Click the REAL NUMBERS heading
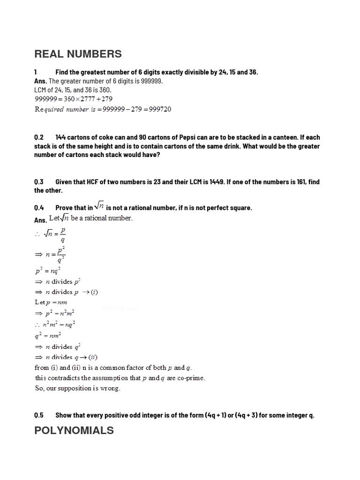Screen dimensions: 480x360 [x=78, y=54]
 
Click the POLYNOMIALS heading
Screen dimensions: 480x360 [x=74, y=430]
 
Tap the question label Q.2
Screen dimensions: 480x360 [x=39, y=137]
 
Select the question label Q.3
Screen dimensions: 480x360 [x=39, y=182]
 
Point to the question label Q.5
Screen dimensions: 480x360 [x=39, y=415]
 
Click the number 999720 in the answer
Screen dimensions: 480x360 [x=157, y=109]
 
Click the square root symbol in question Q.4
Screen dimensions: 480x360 [x=99, y=206]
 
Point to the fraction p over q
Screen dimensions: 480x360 [x=62, y=234]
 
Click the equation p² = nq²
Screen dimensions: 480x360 [x=47, y=270]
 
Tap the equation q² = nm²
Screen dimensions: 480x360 [x=47, y=335]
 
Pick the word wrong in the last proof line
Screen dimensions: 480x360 [x=111, y=388]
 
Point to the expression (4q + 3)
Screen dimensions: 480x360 [x=244, y=415]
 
